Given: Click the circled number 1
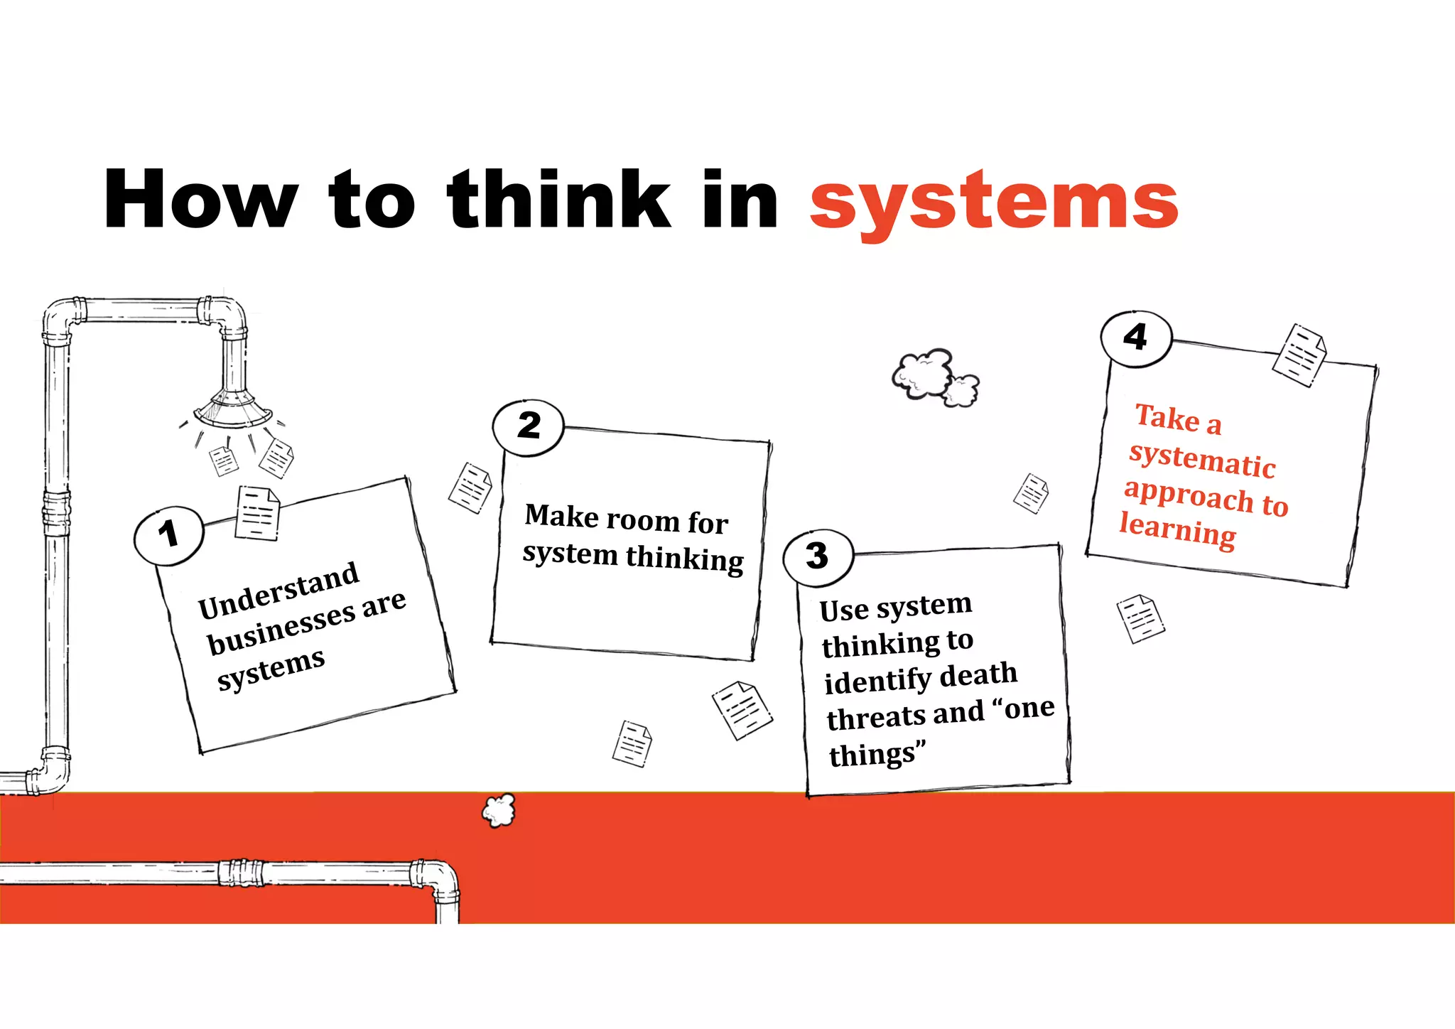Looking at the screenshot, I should (x=168, y=535).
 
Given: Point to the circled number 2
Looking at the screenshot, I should (x=528, y=426).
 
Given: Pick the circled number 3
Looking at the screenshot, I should (x=817, y=556).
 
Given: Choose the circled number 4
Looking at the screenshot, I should (x=1135, y=338).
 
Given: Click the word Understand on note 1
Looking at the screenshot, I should (x=278, y=590).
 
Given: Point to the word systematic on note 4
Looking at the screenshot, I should (x=1202, y=460).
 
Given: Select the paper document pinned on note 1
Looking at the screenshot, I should (x=256, y=513).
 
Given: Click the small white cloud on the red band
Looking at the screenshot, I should (x=499, y=811).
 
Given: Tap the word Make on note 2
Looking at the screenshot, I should (x=561, y=515).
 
